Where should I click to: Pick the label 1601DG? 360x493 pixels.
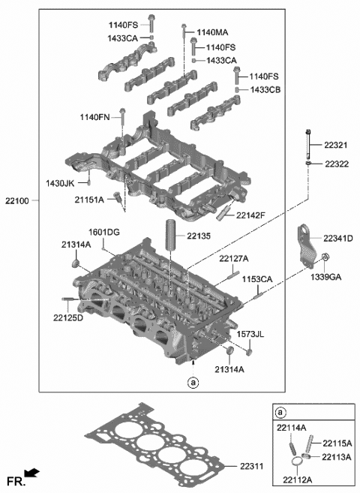coord(105,232)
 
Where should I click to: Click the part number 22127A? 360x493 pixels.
coord(235,259)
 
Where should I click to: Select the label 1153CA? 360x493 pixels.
coord(257,279)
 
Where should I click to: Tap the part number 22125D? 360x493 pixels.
coord(69,317)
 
